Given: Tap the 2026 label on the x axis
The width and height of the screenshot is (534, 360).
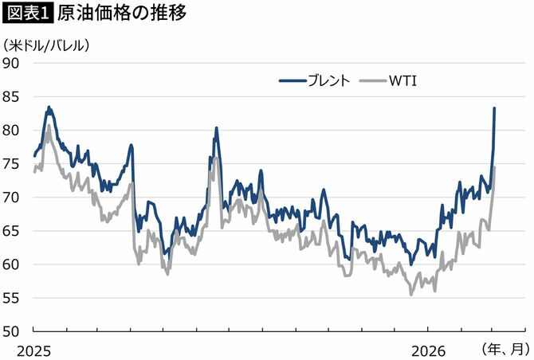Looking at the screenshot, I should click(x=428, y=350).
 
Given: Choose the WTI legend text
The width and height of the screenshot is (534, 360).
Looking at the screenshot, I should click(x=404, y=80).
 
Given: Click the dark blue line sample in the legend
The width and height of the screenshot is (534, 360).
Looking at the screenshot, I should click(x=293, y=80).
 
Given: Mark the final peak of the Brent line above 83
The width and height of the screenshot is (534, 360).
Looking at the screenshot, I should click(x=494, y=108).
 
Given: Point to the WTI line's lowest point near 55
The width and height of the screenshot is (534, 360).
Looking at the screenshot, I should click(x=411, y=295).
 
